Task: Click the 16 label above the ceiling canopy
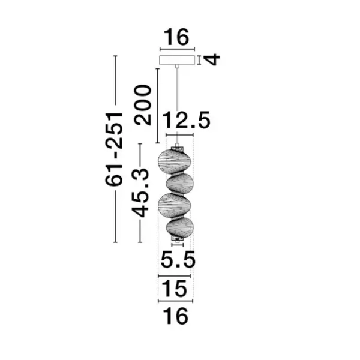tap(177, 37)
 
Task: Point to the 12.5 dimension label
tap(188, 122)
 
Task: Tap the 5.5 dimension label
tap(177, 260)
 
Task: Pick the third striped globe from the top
tap(173, 205)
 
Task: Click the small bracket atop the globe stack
tap(178, 147)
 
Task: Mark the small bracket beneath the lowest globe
tap(178, 241)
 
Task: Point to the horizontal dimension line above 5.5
tap(177, 247)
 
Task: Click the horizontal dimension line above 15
tap(176, 275)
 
